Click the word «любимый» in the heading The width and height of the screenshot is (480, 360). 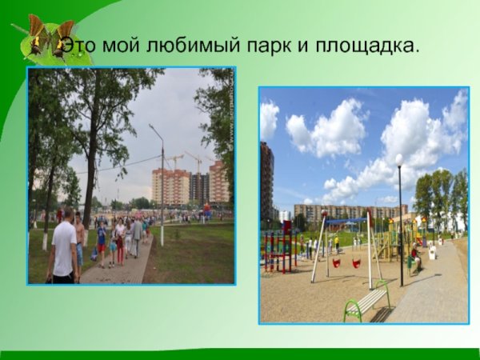tap(186, 46)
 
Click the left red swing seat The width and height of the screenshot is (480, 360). tap(337, 262)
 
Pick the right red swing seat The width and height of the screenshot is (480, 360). tap(356, 262)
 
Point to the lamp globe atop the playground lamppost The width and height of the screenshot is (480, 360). tap(398, 160)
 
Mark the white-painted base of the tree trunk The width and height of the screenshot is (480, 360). tap(45, 241)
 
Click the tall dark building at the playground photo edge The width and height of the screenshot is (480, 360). tap(266, 184)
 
